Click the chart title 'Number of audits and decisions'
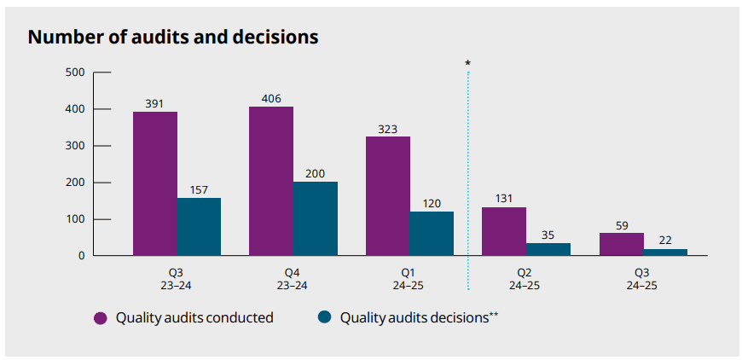(x=173, y=38)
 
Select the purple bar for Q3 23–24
(x=154, y=183)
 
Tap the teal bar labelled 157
(x=199, y=226)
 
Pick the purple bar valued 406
(x=271, y=181)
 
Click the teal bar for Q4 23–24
(x=316, y=218)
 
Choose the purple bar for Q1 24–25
(x=388, y=195)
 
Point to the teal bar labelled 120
(x=432, y=233)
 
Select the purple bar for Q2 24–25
(x=504, y=231)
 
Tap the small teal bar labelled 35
(x=548, y=249)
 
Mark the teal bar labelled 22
(x=665, y=252)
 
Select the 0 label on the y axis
(x=81, y=256)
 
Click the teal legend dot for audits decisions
(x=324, y=318)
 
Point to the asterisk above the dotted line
(x=467, y=63)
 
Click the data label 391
(x=154, y=103)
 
